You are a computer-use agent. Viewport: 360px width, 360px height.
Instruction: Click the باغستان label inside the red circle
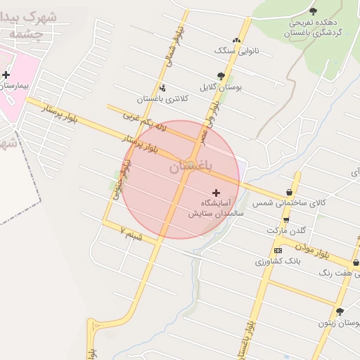pos(185,167)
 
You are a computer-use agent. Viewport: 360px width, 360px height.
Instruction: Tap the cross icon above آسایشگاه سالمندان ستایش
pos(216,192)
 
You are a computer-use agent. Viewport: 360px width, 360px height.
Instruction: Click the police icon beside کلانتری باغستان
pos(163,88)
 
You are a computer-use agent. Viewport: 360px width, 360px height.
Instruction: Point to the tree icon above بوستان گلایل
pos(221,76)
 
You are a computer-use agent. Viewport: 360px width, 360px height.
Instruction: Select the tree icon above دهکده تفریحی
pos(313,11)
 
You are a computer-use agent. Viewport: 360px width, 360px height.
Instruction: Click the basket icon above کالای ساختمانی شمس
pos(290,193)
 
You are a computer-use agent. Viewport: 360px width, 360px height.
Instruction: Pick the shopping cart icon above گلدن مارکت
pos(285,219)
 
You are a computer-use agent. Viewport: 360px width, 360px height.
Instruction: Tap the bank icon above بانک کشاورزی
pos(278,250)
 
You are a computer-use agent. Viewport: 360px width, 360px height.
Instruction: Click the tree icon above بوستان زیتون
pos(340,311)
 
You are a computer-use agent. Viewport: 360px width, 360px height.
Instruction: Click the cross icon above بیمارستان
pos(6,74)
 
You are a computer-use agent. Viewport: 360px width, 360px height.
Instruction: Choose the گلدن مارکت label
pos(287,231)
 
